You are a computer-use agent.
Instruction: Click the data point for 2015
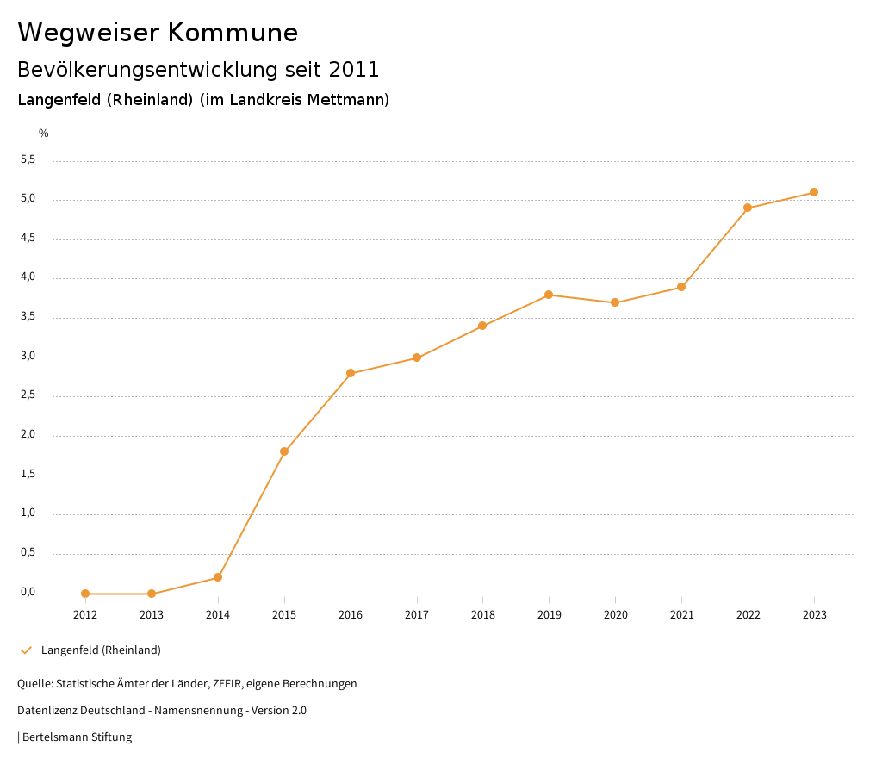(284, 451)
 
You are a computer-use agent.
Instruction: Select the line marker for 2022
(748, 208)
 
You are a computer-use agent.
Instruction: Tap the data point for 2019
(549, 295)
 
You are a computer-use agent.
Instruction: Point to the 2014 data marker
(218, 577)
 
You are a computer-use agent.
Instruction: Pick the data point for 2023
(814, 192)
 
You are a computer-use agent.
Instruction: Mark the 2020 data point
(615, 302)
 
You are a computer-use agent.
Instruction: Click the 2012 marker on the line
(85, 594)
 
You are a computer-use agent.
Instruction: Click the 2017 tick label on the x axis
(417, 614)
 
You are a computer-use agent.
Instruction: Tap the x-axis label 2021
(681, 614)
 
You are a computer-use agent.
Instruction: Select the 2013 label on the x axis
(152, 614)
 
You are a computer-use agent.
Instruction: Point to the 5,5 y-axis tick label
(28, 159)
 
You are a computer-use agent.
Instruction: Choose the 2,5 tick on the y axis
(28, 395)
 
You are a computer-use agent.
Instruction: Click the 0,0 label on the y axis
(28, 592)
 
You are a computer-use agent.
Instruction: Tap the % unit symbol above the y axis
(44, 134)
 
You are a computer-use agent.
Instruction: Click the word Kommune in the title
(233, 33)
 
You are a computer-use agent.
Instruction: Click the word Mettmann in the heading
(351, 100)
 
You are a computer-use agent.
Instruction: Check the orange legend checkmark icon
(26, 650)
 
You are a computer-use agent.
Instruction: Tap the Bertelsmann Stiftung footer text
(77, 737)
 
